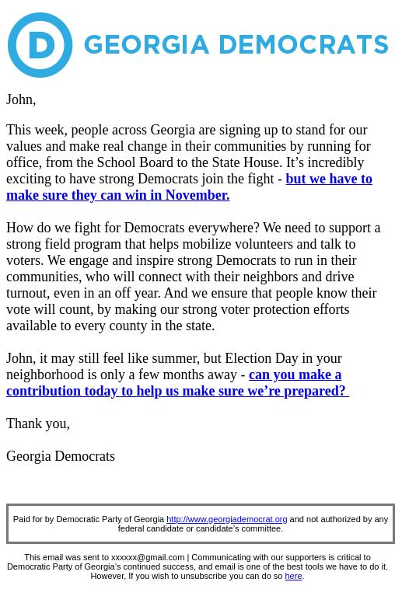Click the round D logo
40,45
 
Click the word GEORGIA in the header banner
146,45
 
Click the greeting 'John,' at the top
21,99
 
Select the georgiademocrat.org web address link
226,519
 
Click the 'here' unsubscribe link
293,576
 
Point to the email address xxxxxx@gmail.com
148,557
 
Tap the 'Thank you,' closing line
38,423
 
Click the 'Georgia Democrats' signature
61,456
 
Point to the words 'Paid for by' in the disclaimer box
33,519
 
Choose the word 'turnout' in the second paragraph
26,293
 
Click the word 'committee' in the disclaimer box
260,528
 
